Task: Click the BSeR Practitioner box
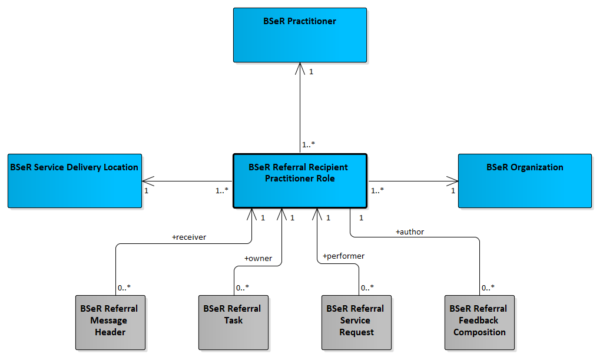pyautogui.click(x=300, y=35)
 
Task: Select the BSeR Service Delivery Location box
pyautogui.click(x=75, y=181)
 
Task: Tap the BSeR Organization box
pyautogui.click(x=525, y=181)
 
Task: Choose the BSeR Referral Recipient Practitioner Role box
pyautogui.click(x=300, y=181)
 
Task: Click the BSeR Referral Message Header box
pyautogui.click(x=110, y=322)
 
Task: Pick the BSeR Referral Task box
pyautogui.click(x=233, y=322)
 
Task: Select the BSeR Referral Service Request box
pyautogui.click(x=356, y=322)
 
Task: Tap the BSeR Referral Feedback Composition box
pyautogui.click(x=479, y=322)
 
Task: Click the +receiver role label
pyautogui.click(x=189, y=237)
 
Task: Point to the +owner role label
pyautogui.click(x=258, y=259)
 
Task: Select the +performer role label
pyautogui.click(x=343, y=256)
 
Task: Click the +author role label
pyautogui.click(x=410, y=232)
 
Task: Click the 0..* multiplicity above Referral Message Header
pyautogui.click(x=124, y=288)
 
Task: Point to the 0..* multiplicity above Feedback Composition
pyautogui.click(x=488, y=288)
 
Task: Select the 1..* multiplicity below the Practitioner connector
pyautogui.click(x=309, y=144)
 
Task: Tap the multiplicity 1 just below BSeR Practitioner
pyautogui.click(x=311, y=71)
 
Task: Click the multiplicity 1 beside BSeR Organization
pyautogui.click(x=453, y=190)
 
